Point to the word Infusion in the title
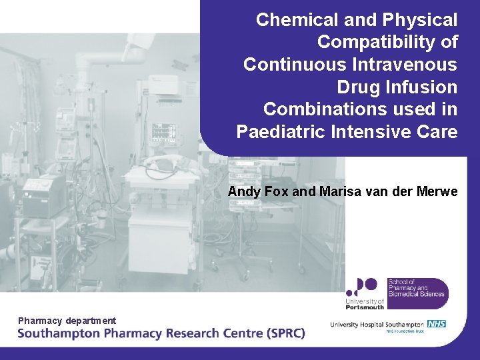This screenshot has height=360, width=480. point(425,87)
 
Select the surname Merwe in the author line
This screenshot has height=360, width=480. point(437,192)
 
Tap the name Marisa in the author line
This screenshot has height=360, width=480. point(340,192)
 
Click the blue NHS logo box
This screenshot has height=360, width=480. point(437,324)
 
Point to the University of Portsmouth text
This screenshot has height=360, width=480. point(365,303)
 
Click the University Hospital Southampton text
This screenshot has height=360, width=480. point(377,325)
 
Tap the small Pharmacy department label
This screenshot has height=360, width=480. point(67,321)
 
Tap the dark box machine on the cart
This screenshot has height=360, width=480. point(43,194)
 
